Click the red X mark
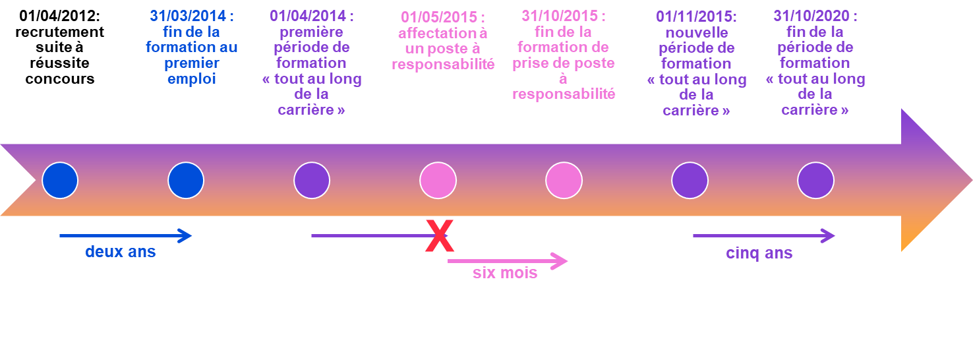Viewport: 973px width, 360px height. [439, 237]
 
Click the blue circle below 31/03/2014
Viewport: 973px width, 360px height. [186, 180]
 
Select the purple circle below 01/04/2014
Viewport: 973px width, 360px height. [312, 180]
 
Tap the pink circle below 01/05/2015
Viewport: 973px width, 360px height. [438, 180]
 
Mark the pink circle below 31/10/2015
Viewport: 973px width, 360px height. [564, 180]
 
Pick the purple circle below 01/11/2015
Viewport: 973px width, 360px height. [690, 180]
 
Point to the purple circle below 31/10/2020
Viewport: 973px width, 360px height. [815, 180]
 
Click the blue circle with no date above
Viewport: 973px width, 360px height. [60, 180]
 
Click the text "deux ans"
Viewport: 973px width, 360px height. [120, 251]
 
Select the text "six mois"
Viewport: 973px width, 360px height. [505, 272]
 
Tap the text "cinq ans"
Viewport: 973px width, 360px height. [759, 253]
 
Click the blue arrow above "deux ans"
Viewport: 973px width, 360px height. [125, 235]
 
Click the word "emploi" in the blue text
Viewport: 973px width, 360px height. [191, 79]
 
